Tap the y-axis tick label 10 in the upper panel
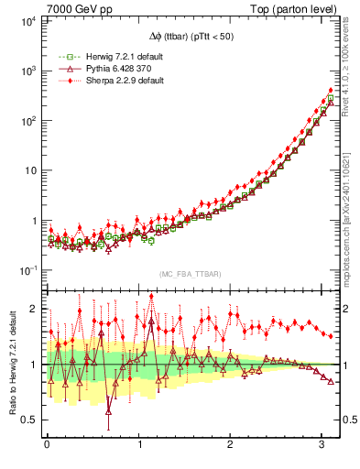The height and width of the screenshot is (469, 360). click(29, 170)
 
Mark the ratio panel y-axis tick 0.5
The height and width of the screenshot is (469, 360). click(29, 420)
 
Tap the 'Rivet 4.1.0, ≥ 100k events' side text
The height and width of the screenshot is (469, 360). click(352, 75)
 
